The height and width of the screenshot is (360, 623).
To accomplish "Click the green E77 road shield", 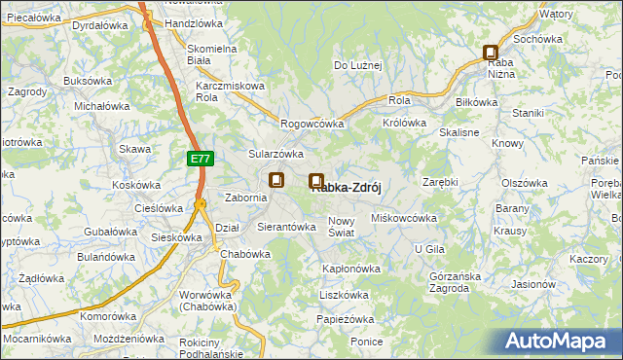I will pos(200,158).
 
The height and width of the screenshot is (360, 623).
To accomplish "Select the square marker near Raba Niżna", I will pos(491,54).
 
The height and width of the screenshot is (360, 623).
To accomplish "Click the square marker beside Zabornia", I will pos(276,180).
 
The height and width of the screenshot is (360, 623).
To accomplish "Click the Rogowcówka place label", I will pos(312,125).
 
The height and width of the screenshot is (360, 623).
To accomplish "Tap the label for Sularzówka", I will pos(276,154).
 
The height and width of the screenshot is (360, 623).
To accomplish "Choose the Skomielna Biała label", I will pos(213,54).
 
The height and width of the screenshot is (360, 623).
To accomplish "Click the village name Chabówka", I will pos(245,254).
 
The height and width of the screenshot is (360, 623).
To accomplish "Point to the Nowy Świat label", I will pos(347,227).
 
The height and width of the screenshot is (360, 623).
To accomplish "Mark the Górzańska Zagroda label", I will pos(456,282).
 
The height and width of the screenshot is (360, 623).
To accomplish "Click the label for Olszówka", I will pos(527,183).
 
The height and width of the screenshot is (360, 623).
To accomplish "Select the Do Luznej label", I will pos(358,65).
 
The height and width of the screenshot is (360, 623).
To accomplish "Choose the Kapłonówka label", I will pos(350,269).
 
